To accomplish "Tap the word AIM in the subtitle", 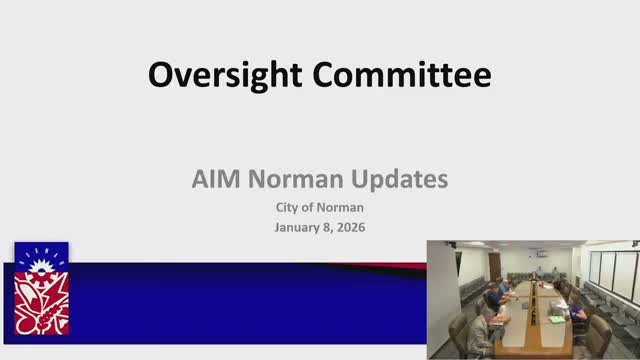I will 215,181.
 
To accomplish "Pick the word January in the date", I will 299,227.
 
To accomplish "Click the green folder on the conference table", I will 556,319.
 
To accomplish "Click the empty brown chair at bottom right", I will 598,335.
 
